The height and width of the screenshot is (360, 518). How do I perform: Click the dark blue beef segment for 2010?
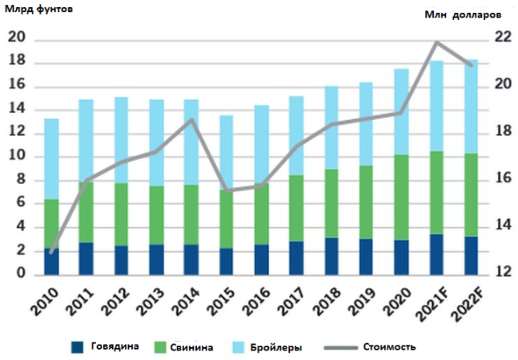click(x=51, y=262)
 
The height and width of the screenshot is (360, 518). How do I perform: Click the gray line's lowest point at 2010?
click(x=51, y=252)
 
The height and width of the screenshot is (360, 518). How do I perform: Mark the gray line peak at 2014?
click(x=192, y=120)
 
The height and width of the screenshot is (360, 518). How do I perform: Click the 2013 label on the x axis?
click(x=157, y=302)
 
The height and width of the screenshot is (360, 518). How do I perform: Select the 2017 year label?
click(x=297, y=302)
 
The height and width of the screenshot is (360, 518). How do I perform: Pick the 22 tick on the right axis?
click(x=503, y=38)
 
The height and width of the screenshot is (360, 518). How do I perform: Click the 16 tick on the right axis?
click(x=503, y=179)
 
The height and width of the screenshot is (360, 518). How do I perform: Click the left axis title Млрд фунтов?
click(x=36, y=10)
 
